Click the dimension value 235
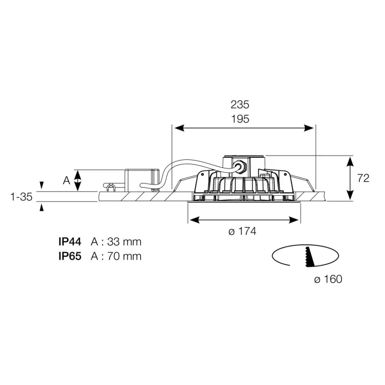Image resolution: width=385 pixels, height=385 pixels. coord(240,105)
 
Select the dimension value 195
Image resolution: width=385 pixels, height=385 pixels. coord(240,119)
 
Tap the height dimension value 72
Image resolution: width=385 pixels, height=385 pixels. coord(363,178)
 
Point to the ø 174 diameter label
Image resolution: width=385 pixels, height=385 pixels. coord(242,232)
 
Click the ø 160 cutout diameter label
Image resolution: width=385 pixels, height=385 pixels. coord(328,280)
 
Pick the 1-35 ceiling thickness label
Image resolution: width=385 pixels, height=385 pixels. coord(21,197)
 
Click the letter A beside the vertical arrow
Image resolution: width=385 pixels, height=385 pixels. coord(66,181)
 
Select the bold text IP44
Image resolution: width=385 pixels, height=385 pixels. coord(70,242)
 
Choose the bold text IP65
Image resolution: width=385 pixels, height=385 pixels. coord(70,256)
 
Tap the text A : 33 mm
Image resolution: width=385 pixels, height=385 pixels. coord(116,242)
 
